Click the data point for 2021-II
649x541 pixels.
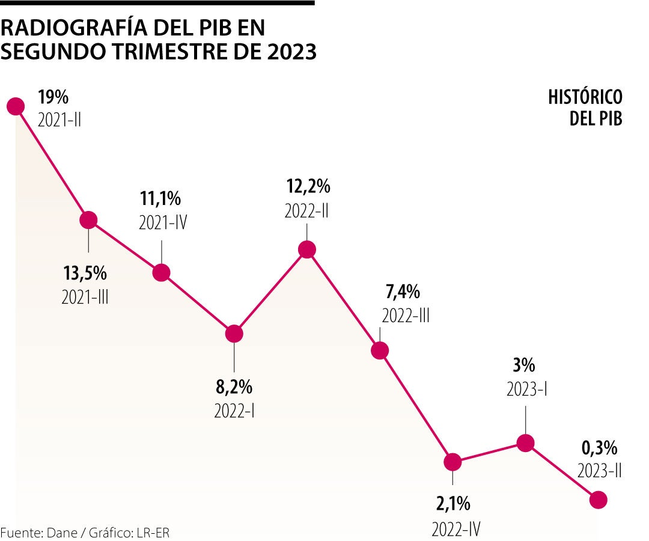click(x=15, y=106)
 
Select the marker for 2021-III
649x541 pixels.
click(x=88, y=220)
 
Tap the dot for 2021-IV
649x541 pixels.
click(x=161, y=272)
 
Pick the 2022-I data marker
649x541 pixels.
click(x=234, y=334)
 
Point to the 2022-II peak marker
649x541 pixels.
click(x=307, y=249)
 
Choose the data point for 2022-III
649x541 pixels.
click(x=380, y=350)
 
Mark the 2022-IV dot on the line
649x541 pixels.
click(x=452, y=462)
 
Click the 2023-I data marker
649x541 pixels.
click(x=525, y=443)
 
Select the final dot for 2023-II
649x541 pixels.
click(x=599, y=500)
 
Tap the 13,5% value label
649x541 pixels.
click(x=85, y=274)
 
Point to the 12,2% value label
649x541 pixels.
click(x=307, y=188)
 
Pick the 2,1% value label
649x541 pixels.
click(x=453, y=503)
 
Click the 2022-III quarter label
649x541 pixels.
click(x=406, y=316)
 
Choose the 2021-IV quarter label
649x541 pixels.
click(x=163, y=222)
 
